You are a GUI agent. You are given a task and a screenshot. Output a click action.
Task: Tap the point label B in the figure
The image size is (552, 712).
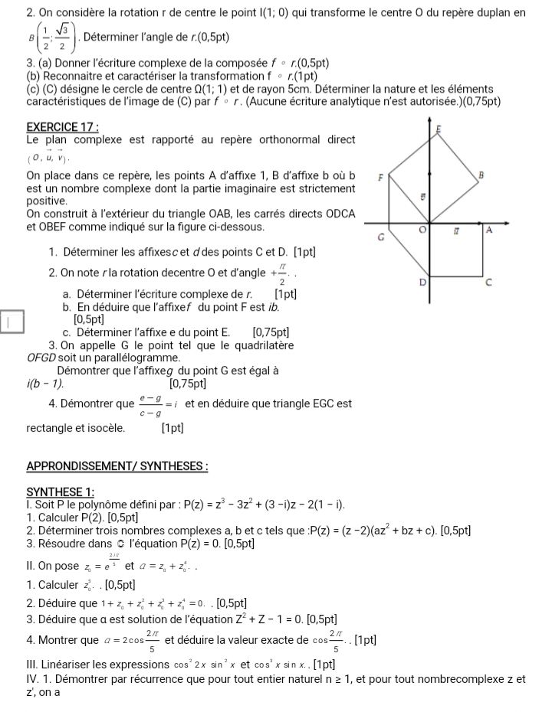coord(481,175)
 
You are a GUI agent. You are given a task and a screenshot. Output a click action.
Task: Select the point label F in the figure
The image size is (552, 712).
coord(381,177)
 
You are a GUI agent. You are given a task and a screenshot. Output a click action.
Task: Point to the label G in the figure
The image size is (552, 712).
coord(381,237)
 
